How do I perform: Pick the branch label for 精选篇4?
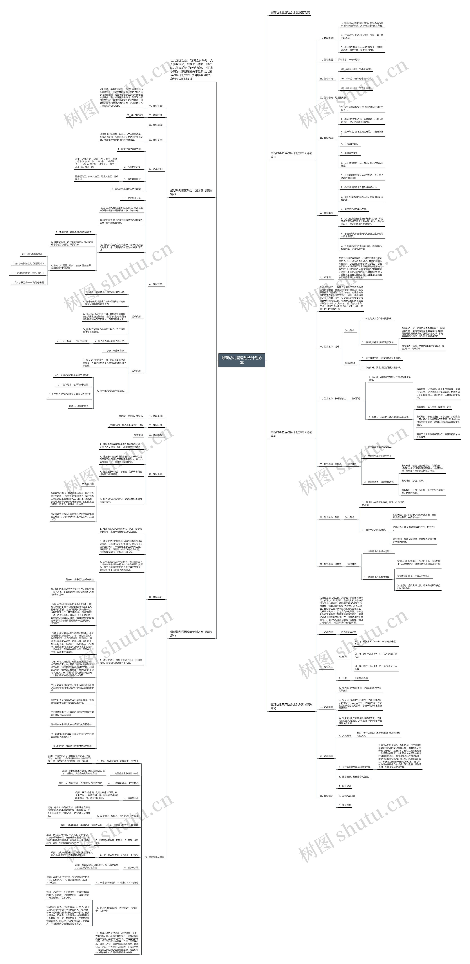pos(191,633)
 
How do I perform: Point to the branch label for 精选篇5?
pos(291,706)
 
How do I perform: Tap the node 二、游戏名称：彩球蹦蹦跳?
pos(332,399)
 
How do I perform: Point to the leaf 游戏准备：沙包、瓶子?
pos(413,480)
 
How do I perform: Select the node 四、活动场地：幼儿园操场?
pos(332,97)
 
